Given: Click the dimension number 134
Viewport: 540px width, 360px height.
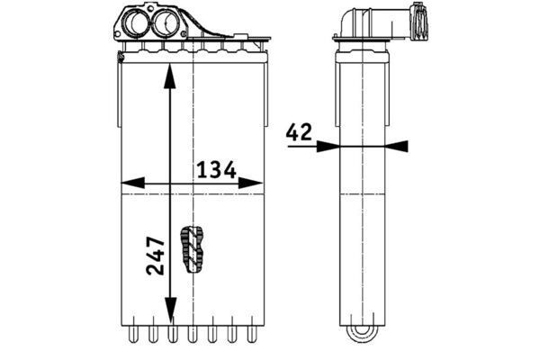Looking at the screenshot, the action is click(x=216, y=169).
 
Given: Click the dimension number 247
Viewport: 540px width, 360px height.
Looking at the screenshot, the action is click(x=156, y=256).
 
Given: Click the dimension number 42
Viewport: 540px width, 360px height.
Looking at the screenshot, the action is click(x=299, y=132).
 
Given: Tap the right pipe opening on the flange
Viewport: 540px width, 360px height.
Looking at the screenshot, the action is click(x=165, y=22).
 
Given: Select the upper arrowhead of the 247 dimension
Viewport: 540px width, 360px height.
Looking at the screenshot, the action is click(x=169, y=77).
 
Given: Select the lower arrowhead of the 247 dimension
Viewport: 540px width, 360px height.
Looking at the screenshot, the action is click(x=170, y=310).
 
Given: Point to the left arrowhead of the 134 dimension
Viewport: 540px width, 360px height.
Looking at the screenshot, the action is click(x=133, y=183).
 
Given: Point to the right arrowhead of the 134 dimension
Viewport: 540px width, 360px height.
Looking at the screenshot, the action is click(x=250, y=183).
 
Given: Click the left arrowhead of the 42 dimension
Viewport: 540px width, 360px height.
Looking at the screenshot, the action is click(x=328, y=146).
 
